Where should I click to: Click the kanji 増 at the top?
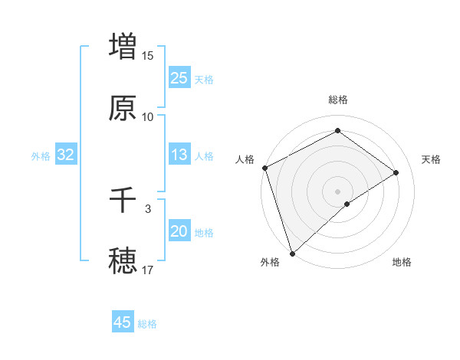123,46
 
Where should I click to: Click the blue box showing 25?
179,77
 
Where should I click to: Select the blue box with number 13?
179,155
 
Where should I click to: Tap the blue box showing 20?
179,232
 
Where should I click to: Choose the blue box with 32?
66,155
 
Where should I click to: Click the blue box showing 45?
123,322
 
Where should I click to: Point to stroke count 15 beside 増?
148,55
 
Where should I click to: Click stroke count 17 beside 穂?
148,270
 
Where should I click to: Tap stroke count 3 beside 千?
148,208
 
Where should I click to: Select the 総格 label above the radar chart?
338,100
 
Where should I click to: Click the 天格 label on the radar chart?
432,159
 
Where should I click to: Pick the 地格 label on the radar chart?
402,263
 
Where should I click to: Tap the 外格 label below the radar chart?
270,263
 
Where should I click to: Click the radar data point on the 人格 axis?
264,168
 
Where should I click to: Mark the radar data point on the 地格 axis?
347,204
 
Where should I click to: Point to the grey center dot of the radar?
337,191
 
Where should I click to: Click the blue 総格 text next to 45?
147,324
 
